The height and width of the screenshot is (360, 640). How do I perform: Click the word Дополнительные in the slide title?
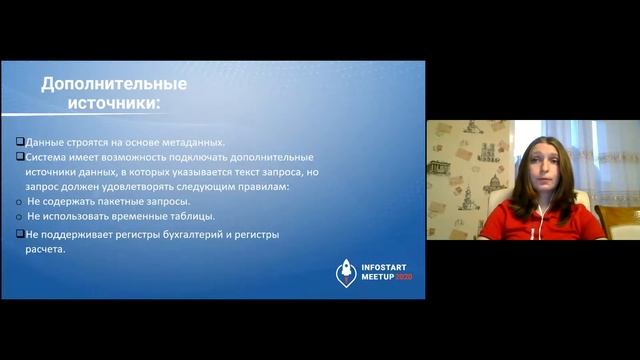pos(100,83)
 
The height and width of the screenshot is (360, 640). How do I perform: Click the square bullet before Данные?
pos(20,143)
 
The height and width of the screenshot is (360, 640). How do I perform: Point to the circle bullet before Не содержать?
pos(20,200)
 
